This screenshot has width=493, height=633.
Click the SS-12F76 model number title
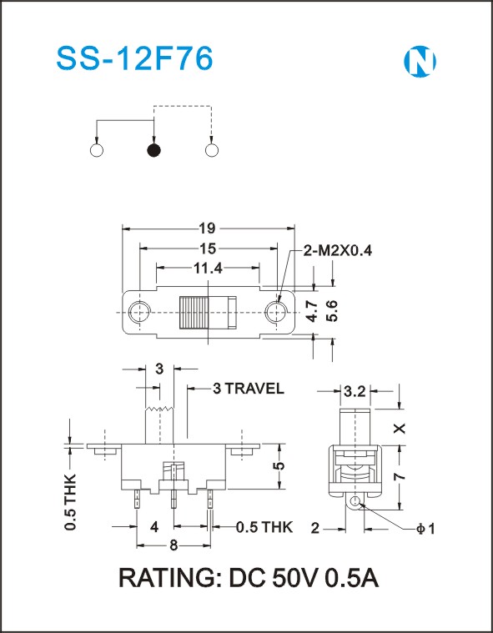[134, 59]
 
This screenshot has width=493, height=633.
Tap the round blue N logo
[420, 62]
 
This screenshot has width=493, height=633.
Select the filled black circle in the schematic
[153, 150]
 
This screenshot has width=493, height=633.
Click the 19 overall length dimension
[208, 229]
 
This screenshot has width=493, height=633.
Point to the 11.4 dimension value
[208, 268]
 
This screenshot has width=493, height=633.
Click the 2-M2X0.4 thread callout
[337, 251]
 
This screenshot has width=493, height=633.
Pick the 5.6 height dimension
[332, 311]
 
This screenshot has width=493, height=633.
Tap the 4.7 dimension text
[312, 311]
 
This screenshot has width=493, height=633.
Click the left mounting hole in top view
[139, 313]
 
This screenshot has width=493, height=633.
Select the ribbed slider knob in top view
[194, 313]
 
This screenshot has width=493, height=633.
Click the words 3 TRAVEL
[249, 389]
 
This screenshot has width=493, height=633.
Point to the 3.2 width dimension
[355, 391]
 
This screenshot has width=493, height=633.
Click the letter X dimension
[400, 429]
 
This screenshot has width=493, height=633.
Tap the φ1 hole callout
[425, 528]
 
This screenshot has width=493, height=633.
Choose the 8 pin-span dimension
[174, 545]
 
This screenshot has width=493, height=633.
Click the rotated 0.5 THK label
[70, 502]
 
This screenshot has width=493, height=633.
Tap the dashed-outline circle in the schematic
[211, 150]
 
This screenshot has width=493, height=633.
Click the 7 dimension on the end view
[400, 476]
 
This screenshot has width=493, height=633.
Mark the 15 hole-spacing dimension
[208, 249]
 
